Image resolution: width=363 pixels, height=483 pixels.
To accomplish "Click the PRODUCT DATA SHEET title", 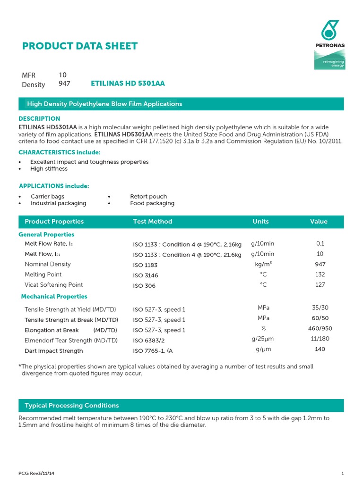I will point(80,46).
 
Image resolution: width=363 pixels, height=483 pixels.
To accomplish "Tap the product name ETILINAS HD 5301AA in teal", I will point(128,83).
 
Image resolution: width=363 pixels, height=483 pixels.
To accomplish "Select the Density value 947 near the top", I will point(64,83).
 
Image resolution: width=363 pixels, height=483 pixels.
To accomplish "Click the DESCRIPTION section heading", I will point(39,118).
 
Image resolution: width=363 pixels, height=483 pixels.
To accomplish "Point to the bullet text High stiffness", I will point(49,169).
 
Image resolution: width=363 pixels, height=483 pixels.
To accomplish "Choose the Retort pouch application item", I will point(148,196).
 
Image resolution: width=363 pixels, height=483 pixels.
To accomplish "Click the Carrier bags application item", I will point(47,196).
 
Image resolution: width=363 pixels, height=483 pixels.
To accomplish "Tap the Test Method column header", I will point(153,221).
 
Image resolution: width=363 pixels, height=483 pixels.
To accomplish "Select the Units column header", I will point(260,221).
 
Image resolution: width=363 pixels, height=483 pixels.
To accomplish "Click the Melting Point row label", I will point(43,275).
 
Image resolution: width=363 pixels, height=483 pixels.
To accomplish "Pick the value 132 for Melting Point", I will point(320,275).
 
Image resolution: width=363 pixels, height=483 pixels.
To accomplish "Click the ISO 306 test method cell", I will point(144,286).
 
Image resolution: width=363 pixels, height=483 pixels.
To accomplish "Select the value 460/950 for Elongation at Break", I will point(320,329).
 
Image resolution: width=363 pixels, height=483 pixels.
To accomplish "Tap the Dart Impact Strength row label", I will point(53,351).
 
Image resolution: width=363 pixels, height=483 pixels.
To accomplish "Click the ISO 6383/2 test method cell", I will point(149,341).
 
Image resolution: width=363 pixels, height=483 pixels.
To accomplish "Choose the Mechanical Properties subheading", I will point(54,297).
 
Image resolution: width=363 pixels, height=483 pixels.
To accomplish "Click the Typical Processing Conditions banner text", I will point(72,406).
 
